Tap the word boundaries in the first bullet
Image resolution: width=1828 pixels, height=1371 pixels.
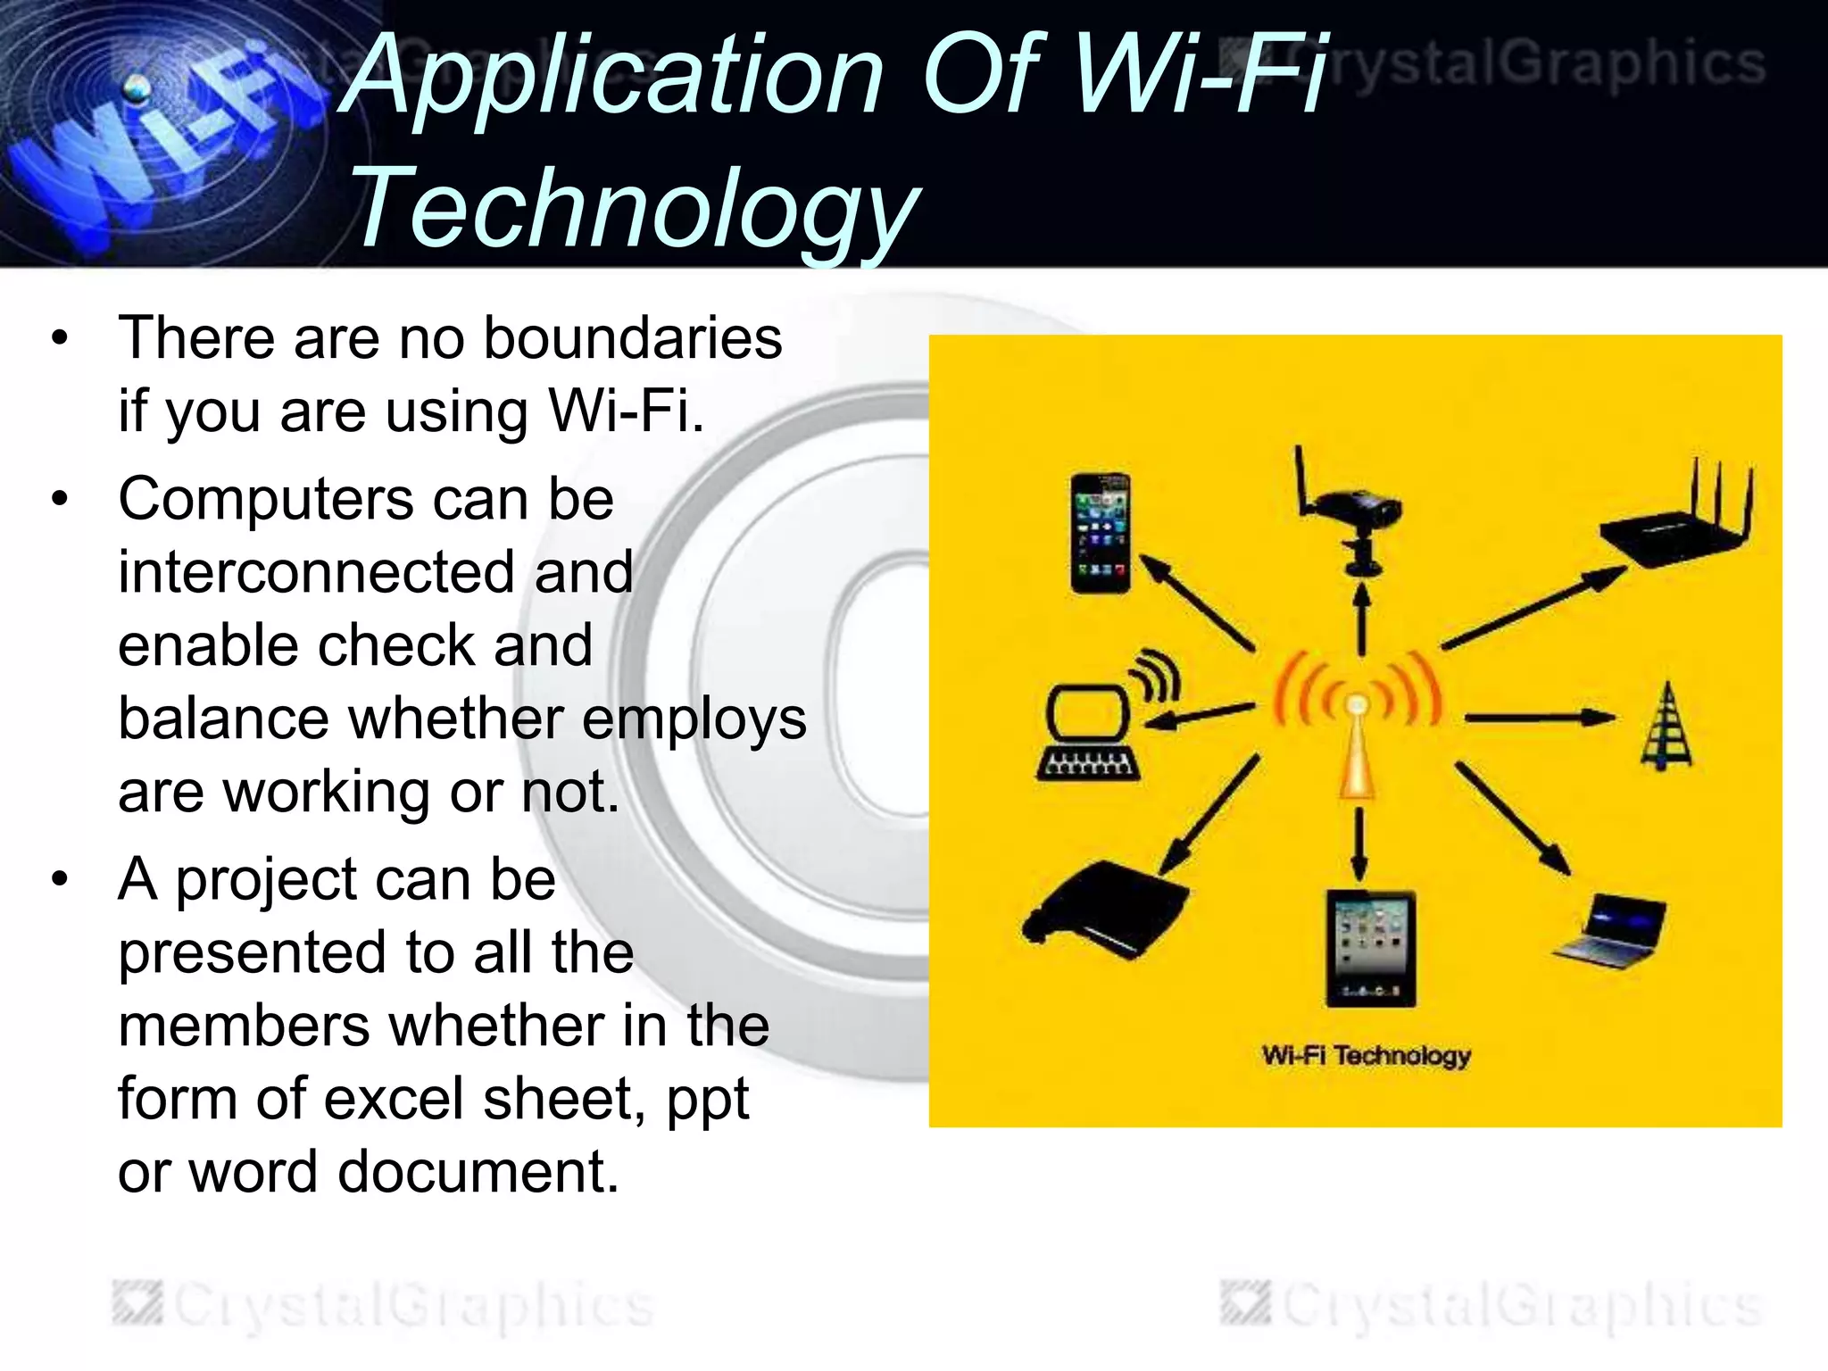click(x=633, y=339)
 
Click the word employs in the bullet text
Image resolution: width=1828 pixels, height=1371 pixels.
click(x=694, y=721)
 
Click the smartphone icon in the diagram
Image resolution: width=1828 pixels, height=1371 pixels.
click(x=1101, y=534)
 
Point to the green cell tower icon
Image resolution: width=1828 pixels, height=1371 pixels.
click(x=1666, y=727)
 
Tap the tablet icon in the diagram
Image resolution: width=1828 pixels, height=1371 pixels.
click(x=1369, y=948)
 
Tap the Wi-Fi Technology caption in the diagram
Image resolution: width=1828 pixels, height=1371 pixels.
click(x=1366, y=1056)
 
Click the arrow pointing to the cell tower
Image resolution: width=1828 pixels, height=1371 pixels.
click(x=1539, y=717)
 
